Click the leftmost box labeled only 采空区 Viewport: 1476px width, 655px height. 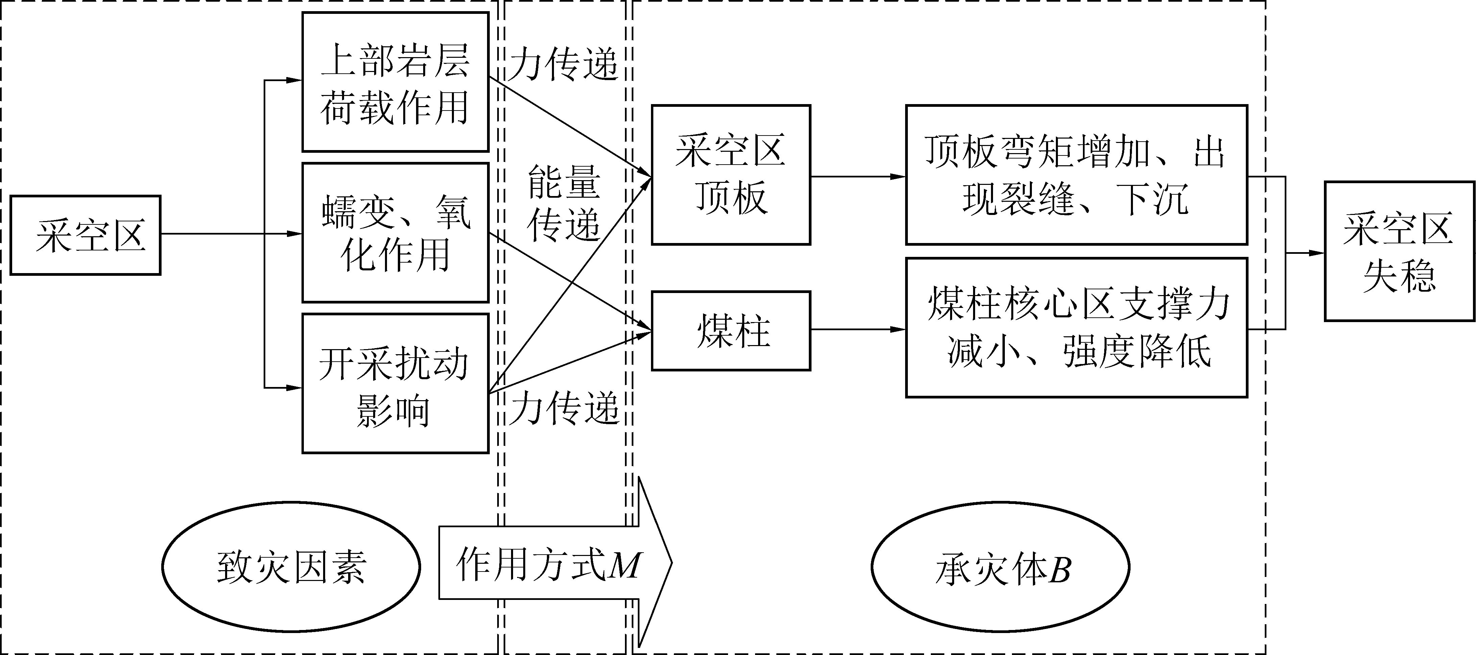point(86,235)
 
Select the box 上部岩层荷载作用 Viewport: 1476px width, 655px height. point(395,82)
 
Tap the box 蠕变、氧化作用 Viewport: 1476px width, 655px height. point(395,233)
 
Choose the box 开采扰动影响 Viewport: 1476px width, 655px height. point(395,383)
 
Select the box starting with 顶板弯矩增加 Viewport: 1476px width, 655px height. point(1076,175)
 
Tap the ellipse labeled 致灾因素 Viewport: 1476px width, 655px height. point(291,566)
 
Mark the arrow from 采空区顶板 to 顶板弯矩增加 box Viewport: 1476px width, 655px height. point(858,176)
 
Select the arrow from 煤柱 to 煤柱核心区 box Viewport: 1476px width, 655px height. point(858,330)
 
